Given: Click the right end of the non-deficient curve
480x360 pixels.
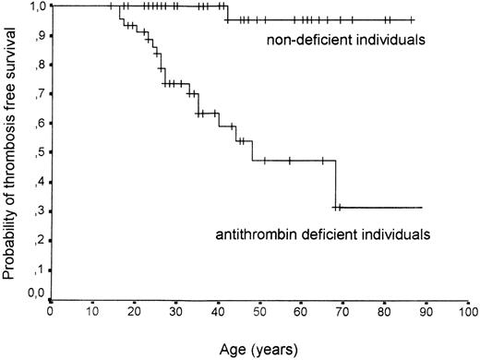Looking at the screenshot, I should coord(414,19).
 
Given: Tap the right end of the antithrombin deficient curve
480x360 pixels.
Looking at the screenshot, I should coord(422,208).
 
